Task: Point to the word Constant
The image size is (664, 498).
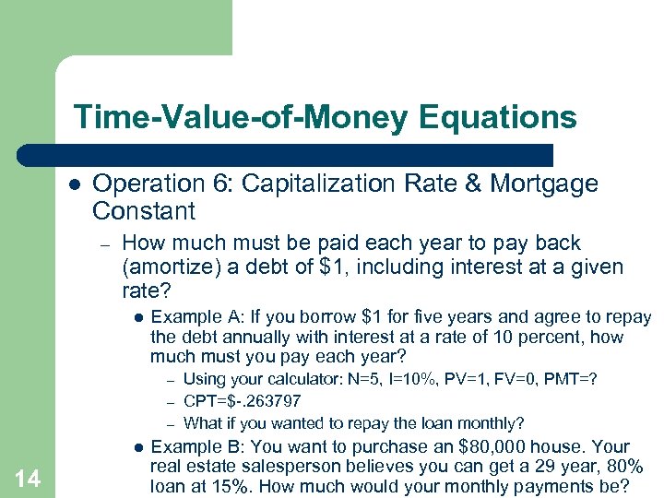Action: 144,211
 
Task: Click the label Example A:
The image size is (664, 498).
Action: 185,316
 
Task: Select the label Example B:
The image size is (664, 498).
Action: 185,446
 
